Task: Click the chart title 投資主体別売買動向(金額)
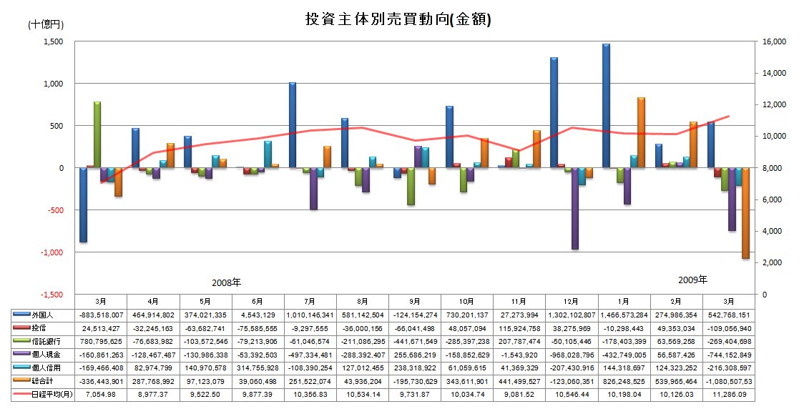(x=398, y=19)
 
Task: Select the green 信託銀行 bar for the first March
(x=97, y=134)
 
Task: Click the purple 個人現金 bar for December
(x=575, y=208)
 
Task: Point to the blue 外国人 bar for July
(x=293, y=125)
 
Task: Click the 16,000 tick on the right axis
(x=775, y=42)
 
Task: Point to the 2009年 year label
(x=692, y=279)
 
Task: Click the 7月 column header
(x=310, y=301)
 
